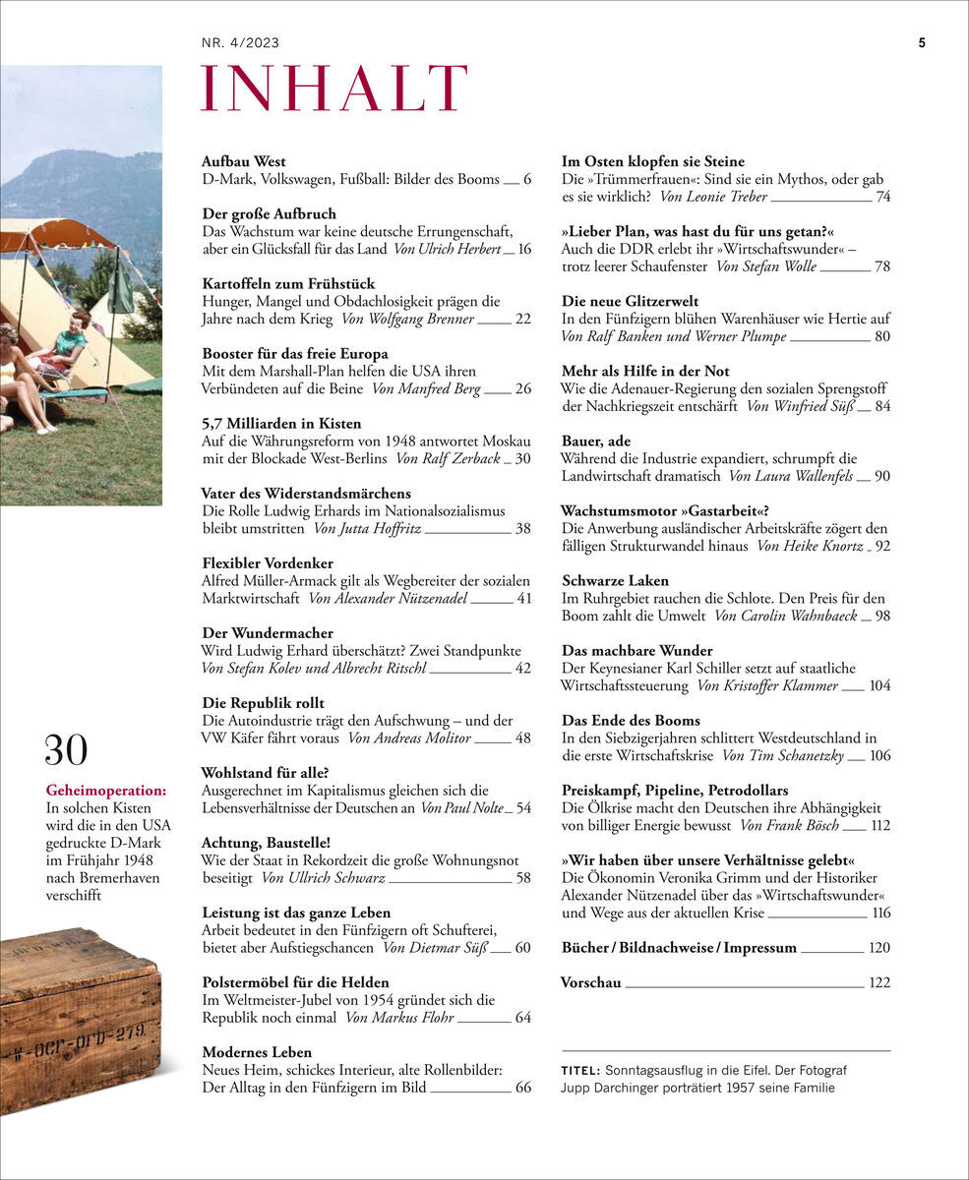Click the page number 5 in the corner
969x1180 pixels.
coord(922,43)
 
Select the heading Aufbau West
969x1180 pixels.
coord(243,161)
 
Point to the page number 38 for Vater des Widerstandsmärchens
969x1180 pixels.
coord(522,528)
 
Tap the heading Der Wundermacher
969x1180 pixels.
coord(267,632)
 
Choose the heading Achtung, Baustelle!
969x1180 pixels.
coord(265,842)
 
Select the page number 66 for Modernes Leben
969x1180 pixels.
coord(522,1087)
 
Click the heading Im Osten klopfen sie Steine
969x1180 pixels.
coord(652,161)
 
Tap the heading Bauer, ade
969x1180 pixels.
coord(596,441)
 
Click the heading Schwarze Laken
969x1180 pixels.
coord(615,580)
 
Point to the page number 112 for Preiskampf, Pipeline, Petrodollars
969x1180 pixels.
coord(880,825)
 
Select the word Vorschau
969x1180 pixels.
coord(590,981)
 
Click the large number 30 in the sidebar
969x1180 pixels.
coord(66,750)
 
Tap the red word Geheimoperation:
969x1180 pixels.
coord(106,789)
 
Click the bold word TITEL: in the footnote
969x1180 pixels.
coord(581,1070)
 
